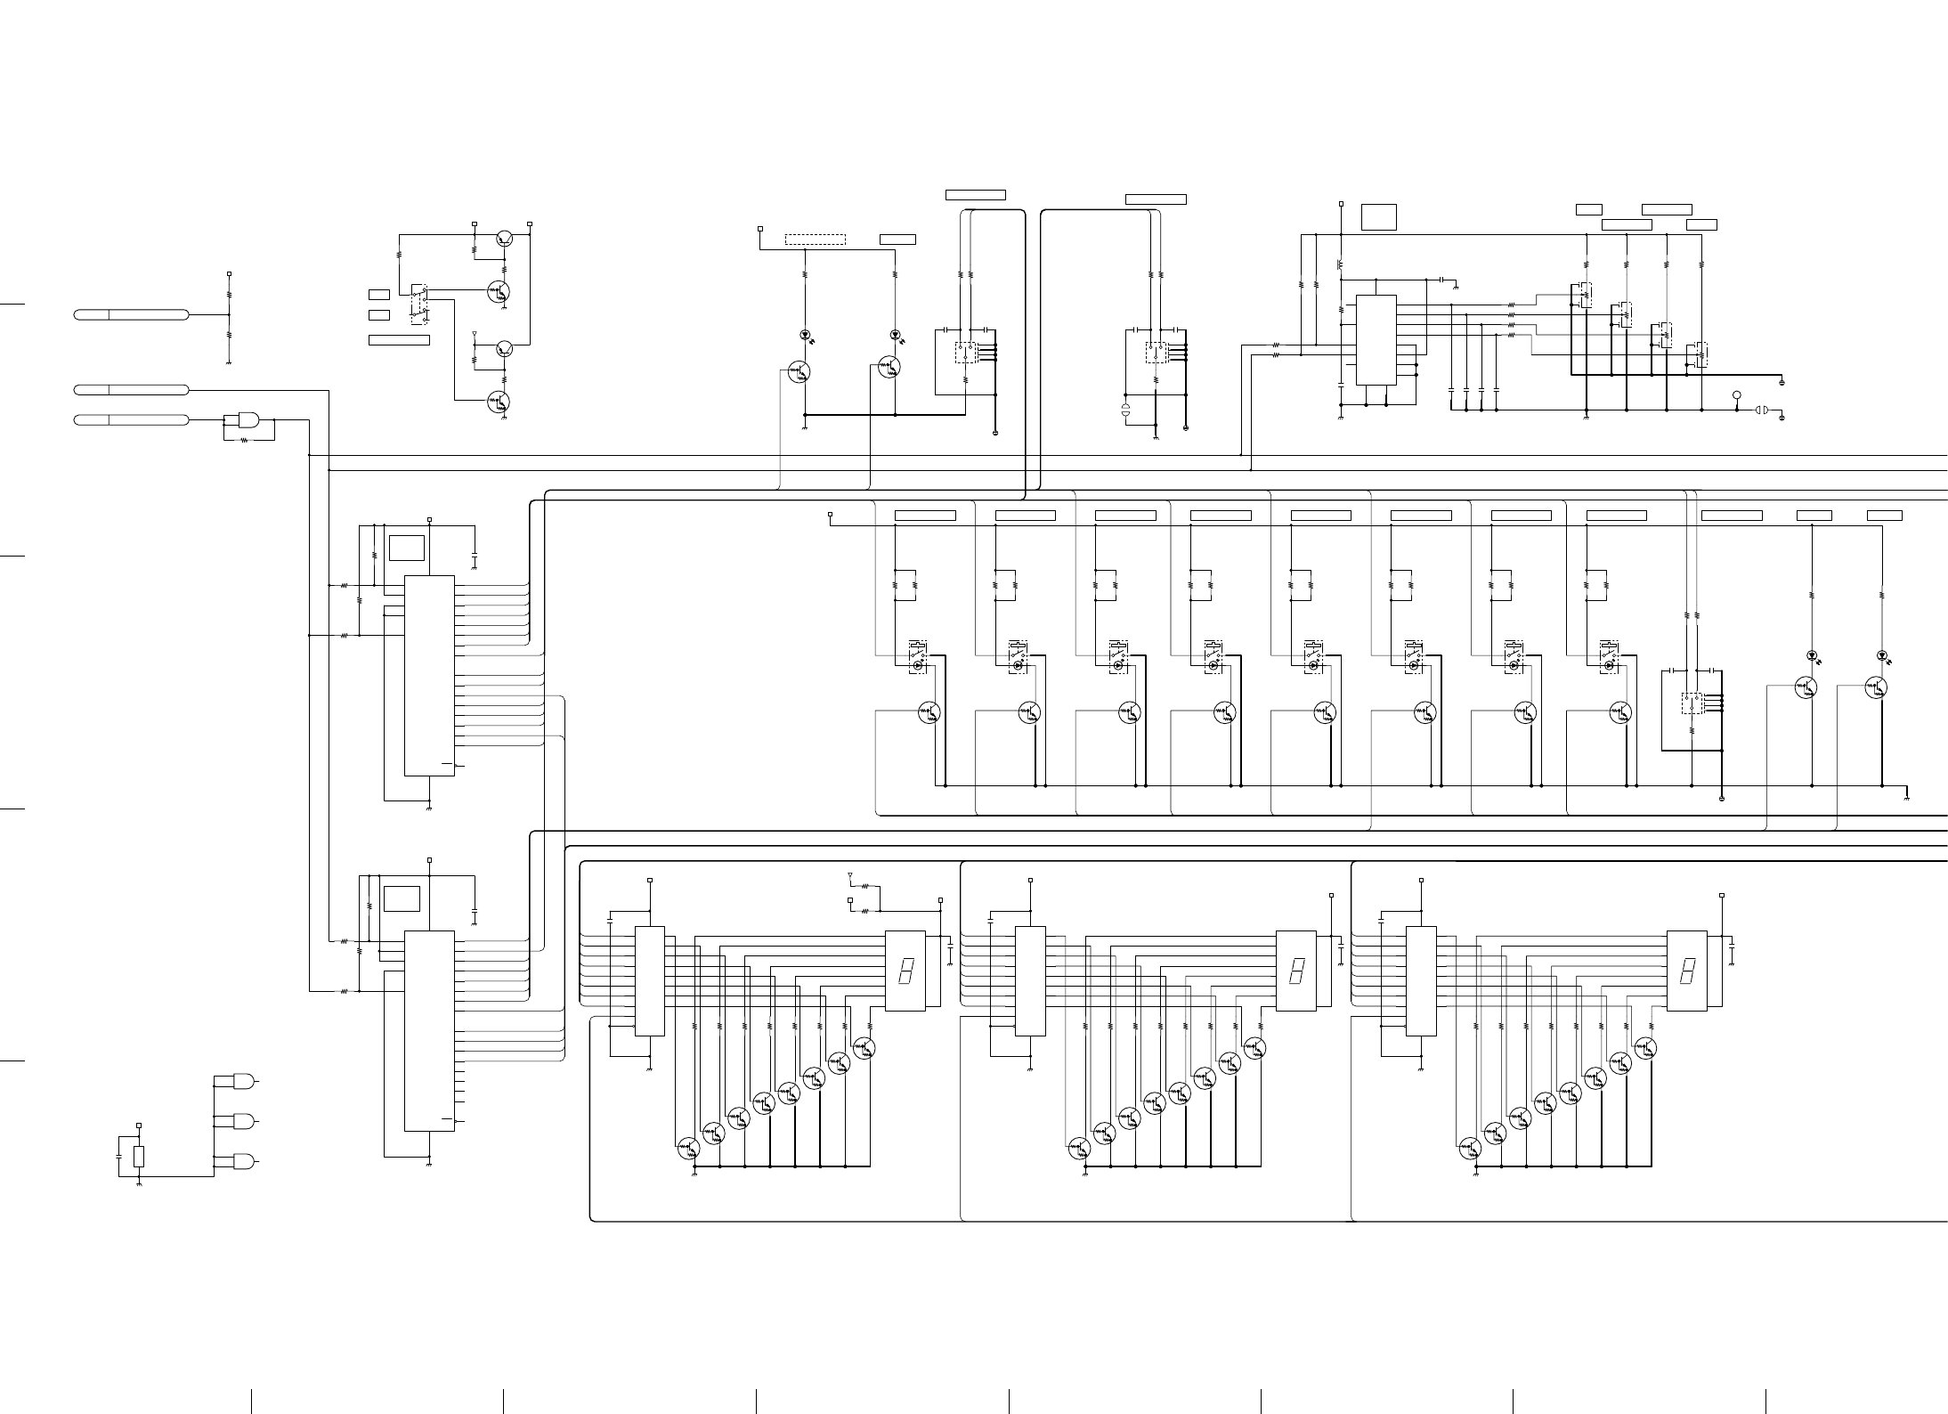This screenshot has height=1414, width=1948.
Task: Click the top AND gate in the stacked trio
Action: coord(242,1082)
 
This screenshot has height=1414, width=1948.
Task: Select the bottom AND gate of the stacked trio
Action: coord(242,1161)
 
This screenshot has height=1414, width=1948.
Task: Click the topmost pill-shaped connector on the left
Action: coord(131,314)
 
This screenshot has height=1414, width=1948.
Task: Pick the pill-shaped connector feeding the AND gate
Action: coord(131,419)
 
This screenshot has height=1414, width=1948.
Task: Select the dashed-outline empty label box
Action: coord(815,240)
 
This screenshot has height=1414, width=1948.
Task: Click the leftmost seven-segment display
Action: coord(905,971)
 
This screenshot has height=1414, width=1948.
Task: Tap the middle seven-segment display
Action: coord(1295,971)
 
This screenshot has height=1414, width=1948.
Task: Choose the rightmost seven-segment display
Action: coord(1686,971)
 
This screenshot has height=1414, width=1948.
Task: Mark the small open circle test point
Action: coord(1736,394)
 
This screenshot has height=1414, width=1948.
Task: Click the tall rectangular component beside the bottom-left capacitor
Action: coord(139,1157)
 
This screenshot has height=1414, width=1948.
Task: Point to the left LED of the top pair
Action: coord(805,335)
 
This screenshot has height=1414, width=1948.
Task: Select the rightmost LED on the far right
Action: coord(1881,655)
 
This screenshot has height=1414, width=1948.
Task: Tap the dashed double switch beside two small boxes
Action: coord(418,301)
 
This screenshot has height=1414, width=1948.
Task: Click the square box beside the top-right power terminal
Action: coord(1378,216)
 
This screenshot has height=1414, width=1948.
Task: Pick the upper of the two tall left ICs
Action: coord(429,676)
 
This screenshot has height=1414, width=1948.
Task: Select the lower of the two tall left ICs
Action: coord(429,1030)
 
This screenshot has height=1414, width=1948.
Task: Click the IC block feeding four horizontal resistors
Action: coord(1376,340)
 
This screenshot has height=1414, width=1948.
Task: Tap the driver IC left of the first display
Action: coord(649,981)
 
